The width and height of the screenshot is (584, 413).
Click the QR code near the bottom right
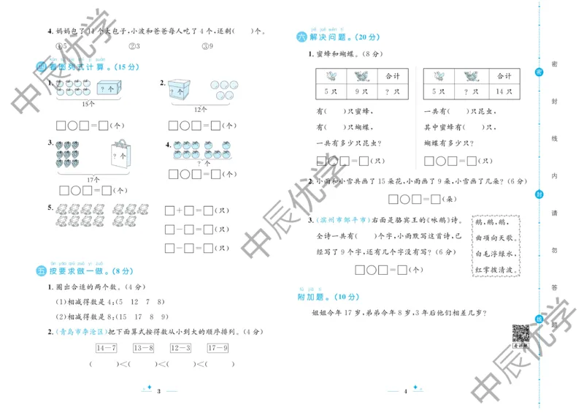[x=520, y=333]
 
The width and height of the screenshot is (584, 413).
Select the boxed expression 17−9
[x=218, y=347]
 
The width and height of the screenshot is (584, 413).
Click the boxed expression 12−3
[x=180, y=347]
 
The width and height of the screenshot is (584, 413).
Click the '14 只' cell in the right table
[x=503, y=91]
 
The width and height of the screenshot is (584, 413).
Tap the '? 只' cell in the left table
[x=396, y=91]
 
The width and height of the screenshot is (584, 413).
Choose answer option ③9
[x=209, y=46]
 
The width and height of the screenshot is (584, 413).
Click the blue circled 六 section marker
[x=301, y=37]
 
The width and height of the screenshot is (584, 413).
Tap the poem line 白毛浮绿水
[x=496, y=254]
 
